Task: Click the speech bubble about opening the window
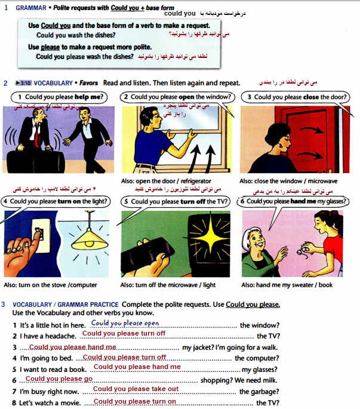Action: click(177, 97)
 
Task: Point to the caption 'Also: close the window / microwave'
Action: click(288, 181)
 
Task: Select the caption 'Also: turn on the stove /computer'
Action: click(50, 285)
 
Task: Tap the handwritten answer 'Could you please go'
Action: click(59, 379)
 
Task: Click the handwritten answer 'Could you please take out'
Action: click(136, 389)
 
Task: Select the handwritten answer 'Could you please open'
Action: click(125, 323)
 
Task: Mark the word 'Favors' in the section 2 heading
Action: click(88, 83)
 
